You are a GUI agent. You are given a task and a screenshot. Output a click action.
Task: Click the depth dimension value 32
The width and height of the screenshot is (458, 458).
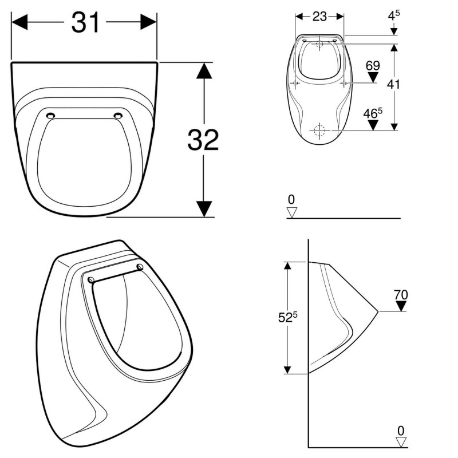[203, 140]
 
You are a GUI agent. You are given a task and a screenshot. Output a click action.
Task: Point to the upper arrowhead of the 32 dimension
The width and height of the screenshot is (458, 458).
[204, 70]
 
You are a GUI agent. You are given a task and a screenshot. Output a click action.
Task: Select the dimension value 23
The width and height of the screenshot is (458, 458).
[319, 17]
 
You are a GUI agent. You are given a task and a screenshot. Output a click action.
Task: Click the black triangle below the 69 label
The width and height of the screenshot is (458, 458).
[373, 77]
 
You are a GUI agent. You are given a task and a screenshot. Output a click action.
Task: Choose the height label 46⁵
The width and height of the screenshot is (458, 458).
[373, 113]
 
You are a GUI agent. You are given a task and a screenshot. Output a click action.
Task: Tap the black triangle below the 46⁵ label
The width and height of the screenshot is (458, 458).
[373, 125]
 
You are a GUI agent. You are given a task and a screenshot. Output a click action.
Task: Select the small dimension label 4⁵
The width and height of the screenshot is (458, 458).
[394, 15]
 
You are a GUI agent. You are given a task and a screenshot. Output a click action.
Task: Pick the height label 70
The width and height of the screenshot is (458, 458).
[401, 295]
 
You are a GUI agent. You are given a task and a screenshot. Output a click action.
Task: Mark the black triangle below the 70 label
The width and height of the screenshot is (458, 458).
[401, 306]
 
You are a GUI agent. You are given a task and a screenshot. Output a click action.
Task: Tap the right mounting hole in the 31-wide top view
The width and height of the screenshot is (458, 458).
[119, 116]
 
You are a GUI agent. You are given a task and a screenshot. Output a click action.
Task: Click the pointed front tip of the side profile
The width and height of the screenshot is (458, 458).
[378, 311]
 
